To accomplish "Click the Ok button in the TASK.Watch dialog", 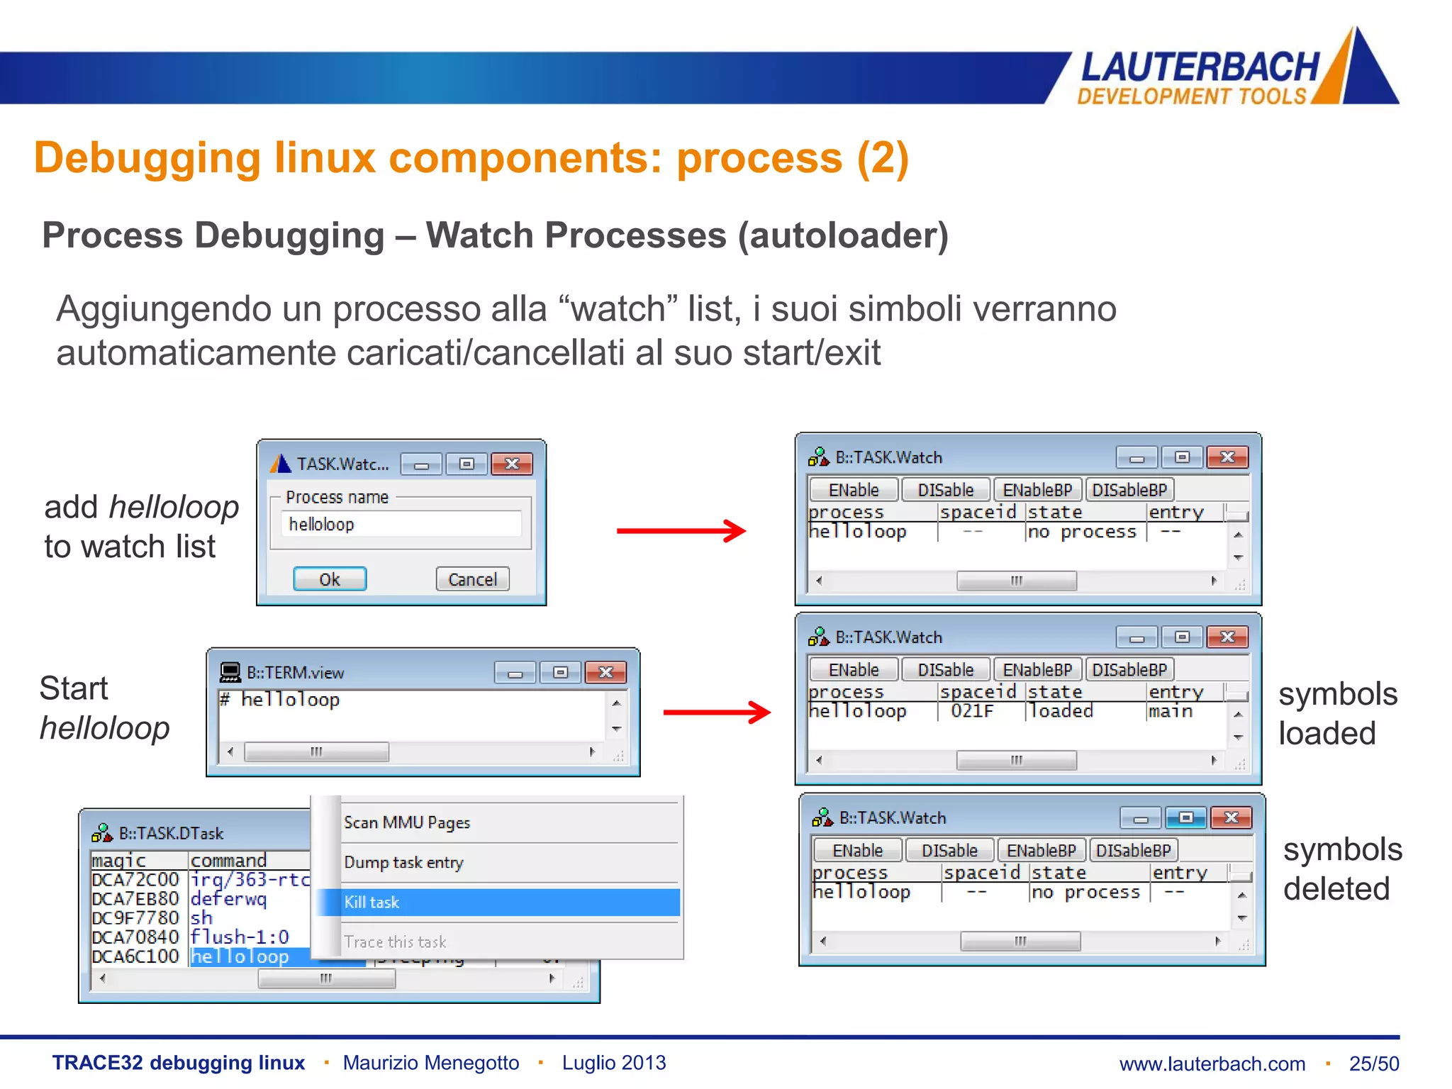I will point(330,579).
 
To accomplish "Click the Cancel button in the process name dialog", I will point(472,579).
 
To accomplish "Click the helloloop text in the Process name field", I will point(321,525).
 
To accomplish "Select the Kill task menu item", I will point(372,903).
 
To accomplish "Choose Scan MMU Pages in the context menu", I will point(407,822).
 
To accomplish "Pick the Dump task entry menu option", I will point(403,863).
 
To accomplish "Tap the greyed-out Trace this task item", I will point(395,942).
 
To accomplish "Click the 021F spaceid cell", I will point(972,711).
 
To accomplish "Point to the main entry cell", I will point(1171,711).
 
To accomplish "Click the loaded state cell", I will point(1061,711).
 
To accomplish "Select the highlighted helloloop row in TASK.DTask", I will point(240,957).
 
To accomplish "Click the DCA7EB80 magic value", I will point(135,899).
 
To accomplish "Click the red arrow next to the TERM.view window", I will point(716,712).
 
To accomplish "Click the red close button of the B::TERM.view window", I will point(605,672).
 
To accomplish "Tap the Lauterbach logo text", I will point(1199,68).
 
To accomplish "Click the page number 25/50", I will point(1373,1063).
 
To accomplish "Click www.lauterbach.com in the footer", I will point(1212,1063).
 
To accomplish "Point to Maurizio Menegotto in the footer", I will point(430,1063).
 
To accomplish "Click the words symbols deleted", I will point(1341,869).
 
